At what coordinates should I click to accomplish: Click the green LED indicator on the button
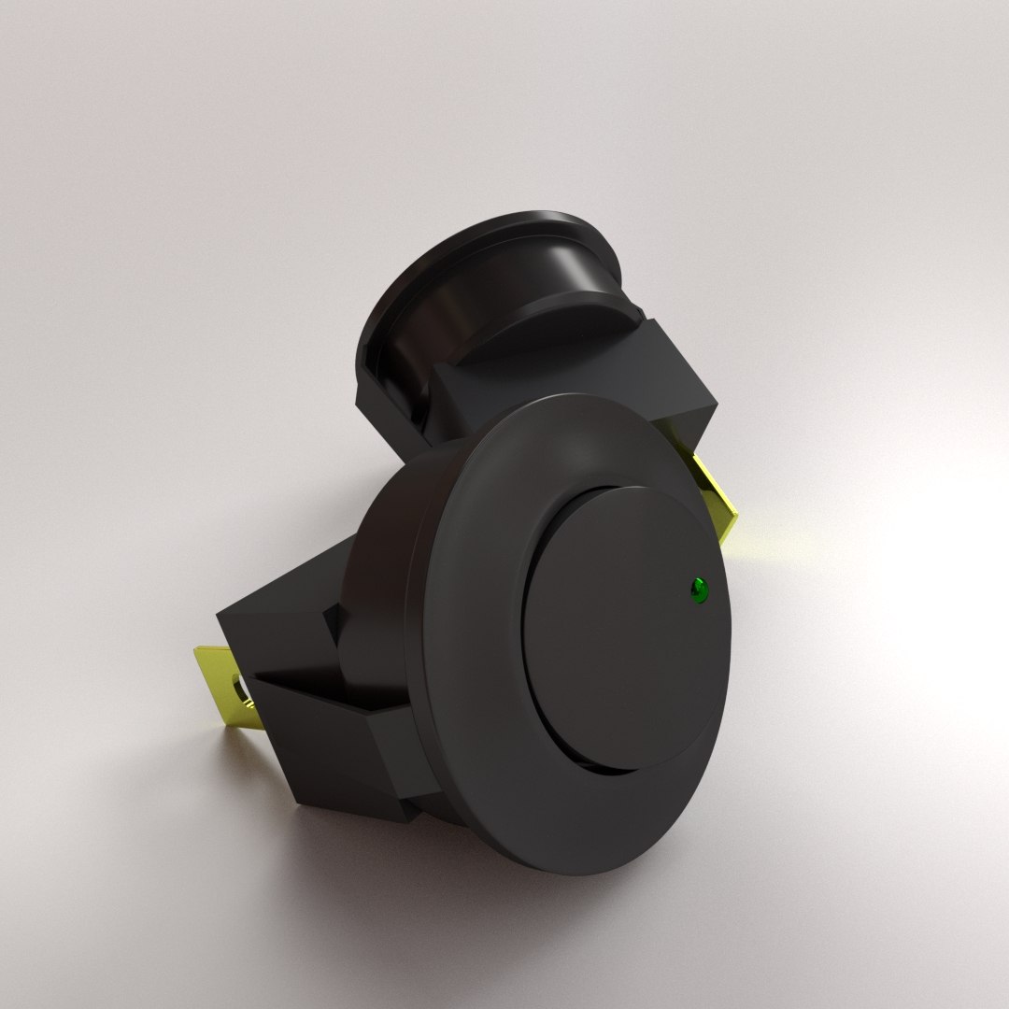click(698, 590)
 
